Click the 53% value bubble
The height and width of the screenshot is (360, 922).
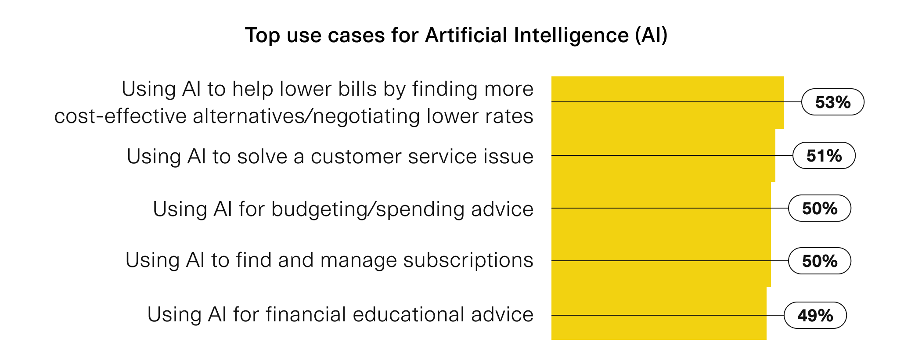pos(832,102)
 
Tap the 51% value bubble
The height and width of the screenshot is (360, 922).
pos(824,155)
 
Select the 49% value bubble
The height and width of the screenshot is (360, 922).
pos(815,315)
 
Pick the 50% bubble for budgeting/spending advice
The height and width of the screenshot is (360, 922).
pos(819,208)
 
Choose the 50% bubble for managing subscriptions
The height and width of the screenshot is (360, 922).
pos(819,261)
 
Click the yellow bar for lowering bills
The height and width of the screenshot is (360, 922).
pos(667,103)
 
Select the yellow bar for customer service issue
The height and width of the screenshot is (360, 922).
pos(663,155)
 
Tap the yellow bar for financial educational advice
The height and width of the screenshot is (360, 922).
pos(659,313)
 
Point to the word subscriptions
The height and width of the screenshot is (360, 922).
pos(468,261)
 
